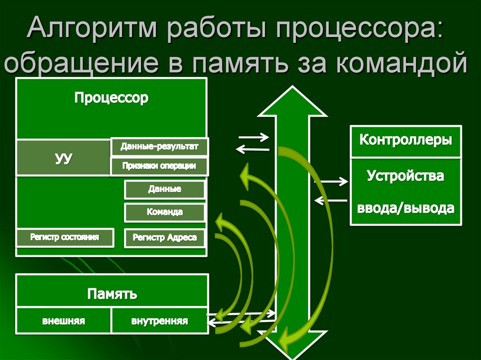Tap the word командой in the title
402,64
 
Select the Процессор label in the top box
111,98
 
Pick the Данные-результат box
159,147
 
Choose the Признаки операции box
159,166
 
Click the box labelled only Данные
164,190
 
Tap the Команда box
164,212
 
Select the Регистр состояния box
65,237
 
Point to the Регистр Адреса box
164,238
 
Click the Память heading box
112,294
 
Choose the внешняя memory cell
63,322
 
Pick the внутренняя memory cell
159,322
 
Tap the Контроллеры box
406,140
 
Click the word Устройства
406,176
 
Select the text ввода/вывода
406,208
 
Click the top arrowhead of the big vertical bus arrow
292,101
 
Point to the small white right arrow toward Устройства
332,181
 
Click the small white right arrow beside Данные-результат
253,138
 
